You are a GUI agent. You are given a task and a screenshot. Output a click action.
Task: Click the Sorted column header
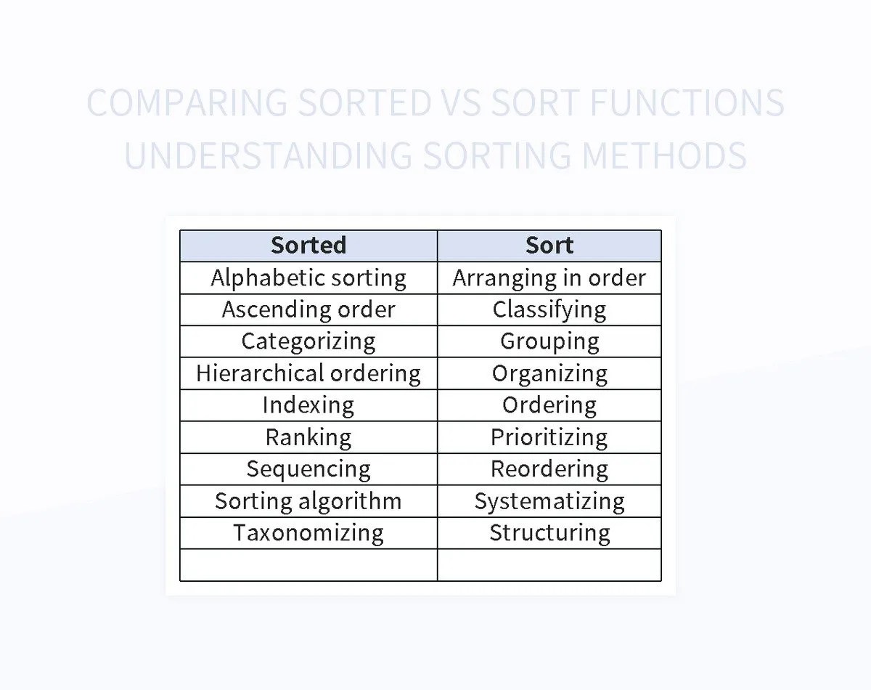click(308, 245)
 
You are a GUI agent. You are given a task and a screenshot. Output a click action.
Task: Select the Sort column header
click(549, 245)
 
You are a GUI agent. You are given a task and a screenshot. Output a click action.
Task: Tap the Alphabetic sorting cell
click(308, 277)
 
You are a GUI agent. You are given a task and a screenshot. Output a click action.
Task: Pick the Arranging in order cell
click(549, 277)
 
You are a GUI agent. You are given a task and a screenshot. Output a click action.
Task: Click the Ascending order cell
click(308, 309)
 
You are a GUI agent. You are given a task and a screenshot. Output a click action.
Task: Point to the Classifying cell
click(549, 309)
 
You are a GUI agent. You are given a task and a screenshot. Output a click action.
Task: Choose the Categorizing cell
click(308, 341)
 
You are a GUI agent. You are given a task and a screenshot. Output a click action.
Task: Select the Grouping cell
click(549, 341)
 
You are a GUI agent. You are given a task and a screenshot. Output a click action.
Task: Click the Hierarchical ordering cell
click(308, 373)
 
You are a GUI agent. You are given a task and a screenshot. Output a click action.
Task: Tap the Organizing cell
click(549, 373)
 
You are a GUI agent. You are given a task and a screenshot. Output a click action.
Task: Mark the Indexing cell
click(308, 405)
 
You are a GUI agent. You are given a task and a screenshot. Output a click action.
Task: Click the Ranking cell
click(308, 437)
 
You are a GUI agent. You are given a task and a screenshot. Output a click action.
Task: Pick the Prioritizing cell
click(549, 437)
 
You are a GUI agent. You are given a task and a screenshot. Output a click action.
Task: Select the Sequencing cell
click(308, 469)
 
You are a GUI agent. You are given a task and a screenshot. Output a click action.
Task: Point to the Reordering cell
click(549, 469)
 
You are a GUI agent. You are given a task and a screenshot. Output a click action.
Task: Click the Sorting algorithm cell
click(308, 501)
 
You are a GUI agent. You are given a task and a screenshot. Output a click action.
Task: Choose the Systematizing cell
click(549, 501)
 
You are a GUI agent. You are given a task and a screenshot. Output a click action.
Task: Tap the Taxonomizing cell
click(308, 533)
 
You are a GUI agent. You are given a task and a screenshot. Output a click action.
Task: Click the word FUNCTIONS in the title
click(687, 103)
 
